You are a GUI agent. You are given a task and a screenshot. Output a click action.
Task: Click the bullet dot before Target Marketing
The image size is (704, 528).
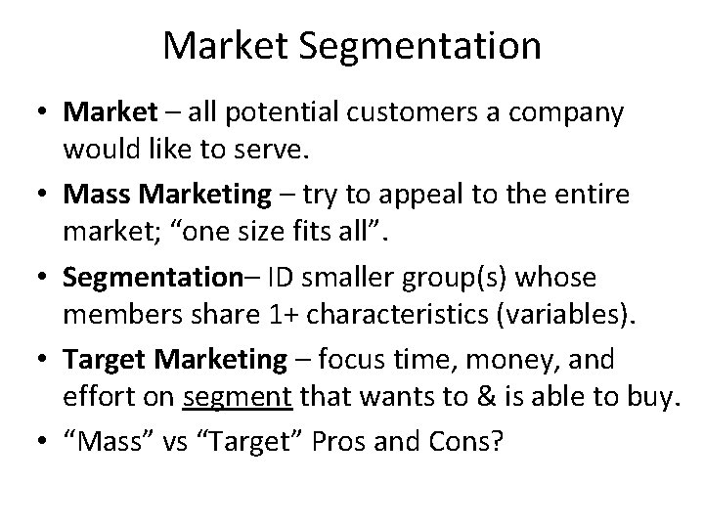coord(42,361)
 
